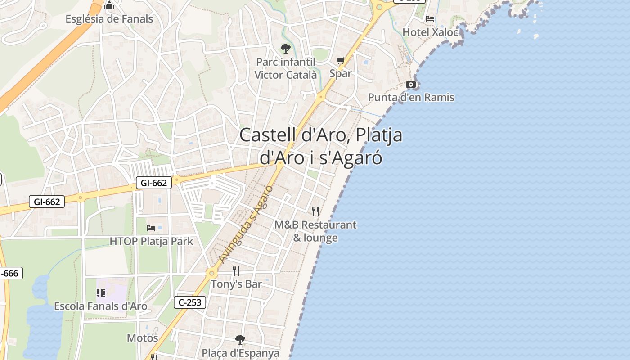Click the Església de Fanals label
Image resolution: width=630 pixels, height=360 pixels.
(x=109, y=19)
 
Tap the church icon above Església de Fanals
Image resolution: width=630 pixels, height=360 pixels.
(x=109, y=6)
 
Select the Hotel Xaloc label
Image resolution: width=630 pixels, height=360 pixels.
(x=431, y=32)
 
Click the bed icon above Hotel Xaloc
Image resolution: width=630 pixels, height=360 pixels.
(x=431, y=19)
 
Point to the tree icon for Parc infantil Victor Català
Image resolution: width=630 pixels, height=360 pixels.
(x=285, y=48)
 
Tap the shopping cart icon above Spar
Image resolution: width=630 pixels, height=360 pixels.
(x=341, y=60)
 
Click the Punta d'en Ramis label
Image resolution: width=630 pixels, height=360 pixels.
(x=411, y=97)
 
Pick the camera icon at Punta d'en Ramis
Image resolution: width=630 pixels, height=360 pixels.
(x=411, y=84)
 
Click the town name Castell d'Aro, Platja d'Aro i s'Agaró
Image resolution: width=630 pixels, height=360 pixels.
(x=321, y=146)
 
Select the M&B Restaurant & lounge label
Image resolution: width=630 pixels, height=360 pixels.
(x=315, y=231)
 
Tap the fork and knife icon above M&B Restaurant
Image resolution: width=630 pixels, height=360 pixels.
(x=315, y=211)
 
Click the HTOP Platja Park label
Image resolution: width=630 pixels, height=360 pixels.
(x=151, y=241)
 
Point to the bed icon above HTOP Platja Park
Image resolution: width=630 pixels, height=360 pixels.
(x=151, y=228)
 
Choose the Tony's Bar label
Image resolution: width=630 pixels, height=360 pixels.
(x=236, y=284)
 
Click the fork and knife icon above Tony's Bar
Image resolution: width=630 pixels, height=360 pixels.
(x=236, y=270)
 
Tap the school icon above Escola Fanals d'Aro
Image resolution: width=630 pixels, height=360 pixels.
(x=101, y=293)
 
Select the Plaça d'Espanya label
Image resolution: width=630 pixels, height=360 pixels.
(x=241, y=353)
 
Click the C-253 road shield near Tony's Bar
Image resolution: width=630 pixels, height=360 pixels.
(x=190, y=302)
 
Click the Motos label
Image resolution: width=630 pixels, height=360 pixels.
(x=142, y=338)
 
